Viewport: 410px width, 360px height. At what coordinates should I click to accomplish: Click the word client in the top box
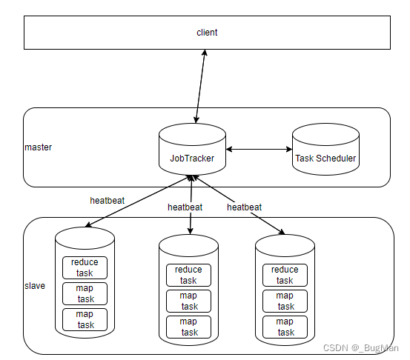(x=207, y=33)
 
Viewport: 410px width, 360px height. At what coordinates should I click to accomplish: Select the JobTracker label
(x=192, y=159)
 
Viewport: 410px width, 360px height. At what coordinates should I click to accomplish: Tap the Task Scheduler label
(x=325, y=159)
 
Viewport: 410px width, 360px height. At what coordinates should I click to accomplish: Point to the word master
(x=38, y=147)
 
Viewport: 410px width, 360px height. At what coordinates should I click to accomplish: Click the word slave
(x=35, y=286)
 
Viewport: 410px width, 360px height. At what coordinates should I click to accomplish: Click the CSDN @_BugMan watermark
(x=361, y=348)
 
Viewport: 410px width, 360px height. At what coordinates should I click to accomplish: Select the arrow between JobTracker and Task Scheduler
(x=259, y=150)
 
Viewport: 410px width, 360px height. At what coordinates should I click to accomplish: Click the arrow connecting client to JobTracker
(x=201, y=86)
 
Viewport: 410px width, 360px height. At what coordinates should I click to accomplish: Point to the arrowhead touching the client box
(x=205, y=53)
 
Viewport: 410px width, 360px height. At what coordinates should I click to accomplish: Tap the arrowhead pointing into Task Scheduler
(x=289, y=150)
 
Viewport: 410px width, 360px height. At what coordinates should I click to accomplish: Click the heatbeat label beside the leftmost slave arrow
(x=108, y=201)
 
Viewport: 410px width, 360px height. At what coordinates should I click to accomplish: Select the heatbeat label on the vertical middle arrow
(x=185, y=207)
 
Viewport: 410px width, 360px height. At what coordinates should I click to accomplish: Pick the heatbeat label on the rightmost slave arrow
(x=244, y=207)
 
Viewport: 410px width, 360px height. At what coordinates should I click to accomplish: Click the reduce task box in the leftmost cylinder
(x=85, y=268)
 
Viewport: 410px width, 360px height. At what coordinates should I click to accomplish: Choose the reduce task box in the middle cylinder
(x=188, y=275)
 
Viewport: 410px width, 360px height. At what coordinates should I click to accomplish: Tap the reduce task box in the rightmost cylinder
(x=285, y=275)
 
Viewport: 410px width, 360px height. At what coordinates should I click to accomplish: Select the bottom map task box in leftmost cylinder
(x=85, y=320)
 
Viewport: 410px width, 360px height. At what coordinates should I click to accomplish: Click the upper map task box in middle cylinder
(x=188, y=301)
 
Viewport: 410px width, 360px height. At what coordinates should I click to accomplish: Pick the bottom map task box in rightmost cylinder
(x=285, y=327)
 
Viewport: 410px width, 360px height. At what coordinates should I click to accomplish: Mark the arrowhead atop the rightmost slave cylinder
(x=282, y=232)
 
